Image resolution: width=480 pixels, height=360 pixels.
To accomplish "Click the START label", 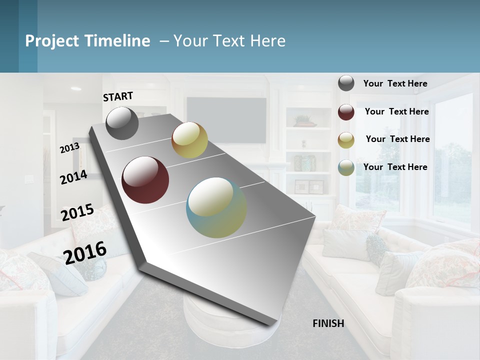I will point(118,96).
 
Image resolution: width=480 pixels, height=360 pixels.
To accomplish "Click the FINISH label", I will point(328,323).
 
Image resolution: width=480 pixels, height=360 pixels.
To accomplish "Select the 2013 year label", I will point(69,148).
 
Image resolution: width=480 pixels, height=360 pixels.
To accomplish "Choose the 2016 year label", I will point(85,252).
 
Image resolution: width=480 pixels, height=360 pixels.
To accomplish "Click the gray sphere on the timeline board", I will point(122,123).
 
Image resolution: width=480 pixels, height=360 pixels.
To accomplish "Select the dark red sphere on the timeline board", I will point(145,180).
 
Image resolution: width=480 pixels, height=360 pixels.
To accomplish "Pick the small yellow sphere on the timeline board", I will point(189,140).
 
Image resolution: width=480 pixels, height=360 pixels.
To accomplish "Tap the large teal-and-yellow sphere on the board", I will point(216,207).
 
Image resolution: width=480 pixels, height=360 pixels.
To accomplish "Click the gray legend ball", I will point(346,83).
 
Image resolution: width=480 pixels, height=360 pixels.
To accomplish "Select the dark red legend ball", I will point(346,112).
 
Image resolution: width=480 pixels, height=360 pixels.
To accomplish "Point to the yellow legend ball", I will point(346,140).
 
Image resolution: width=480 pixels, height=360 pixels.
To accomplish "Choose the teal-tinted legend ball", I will point(346,167).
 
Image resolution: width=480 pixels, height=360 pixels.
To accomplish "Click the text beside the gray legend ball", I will point(395,83).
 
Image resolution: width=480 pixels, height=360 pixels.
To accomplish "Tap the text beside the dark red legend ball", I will point(396,111).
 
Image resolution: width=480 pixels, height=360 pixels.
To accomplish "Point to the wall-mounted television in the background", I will point(226,113).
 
